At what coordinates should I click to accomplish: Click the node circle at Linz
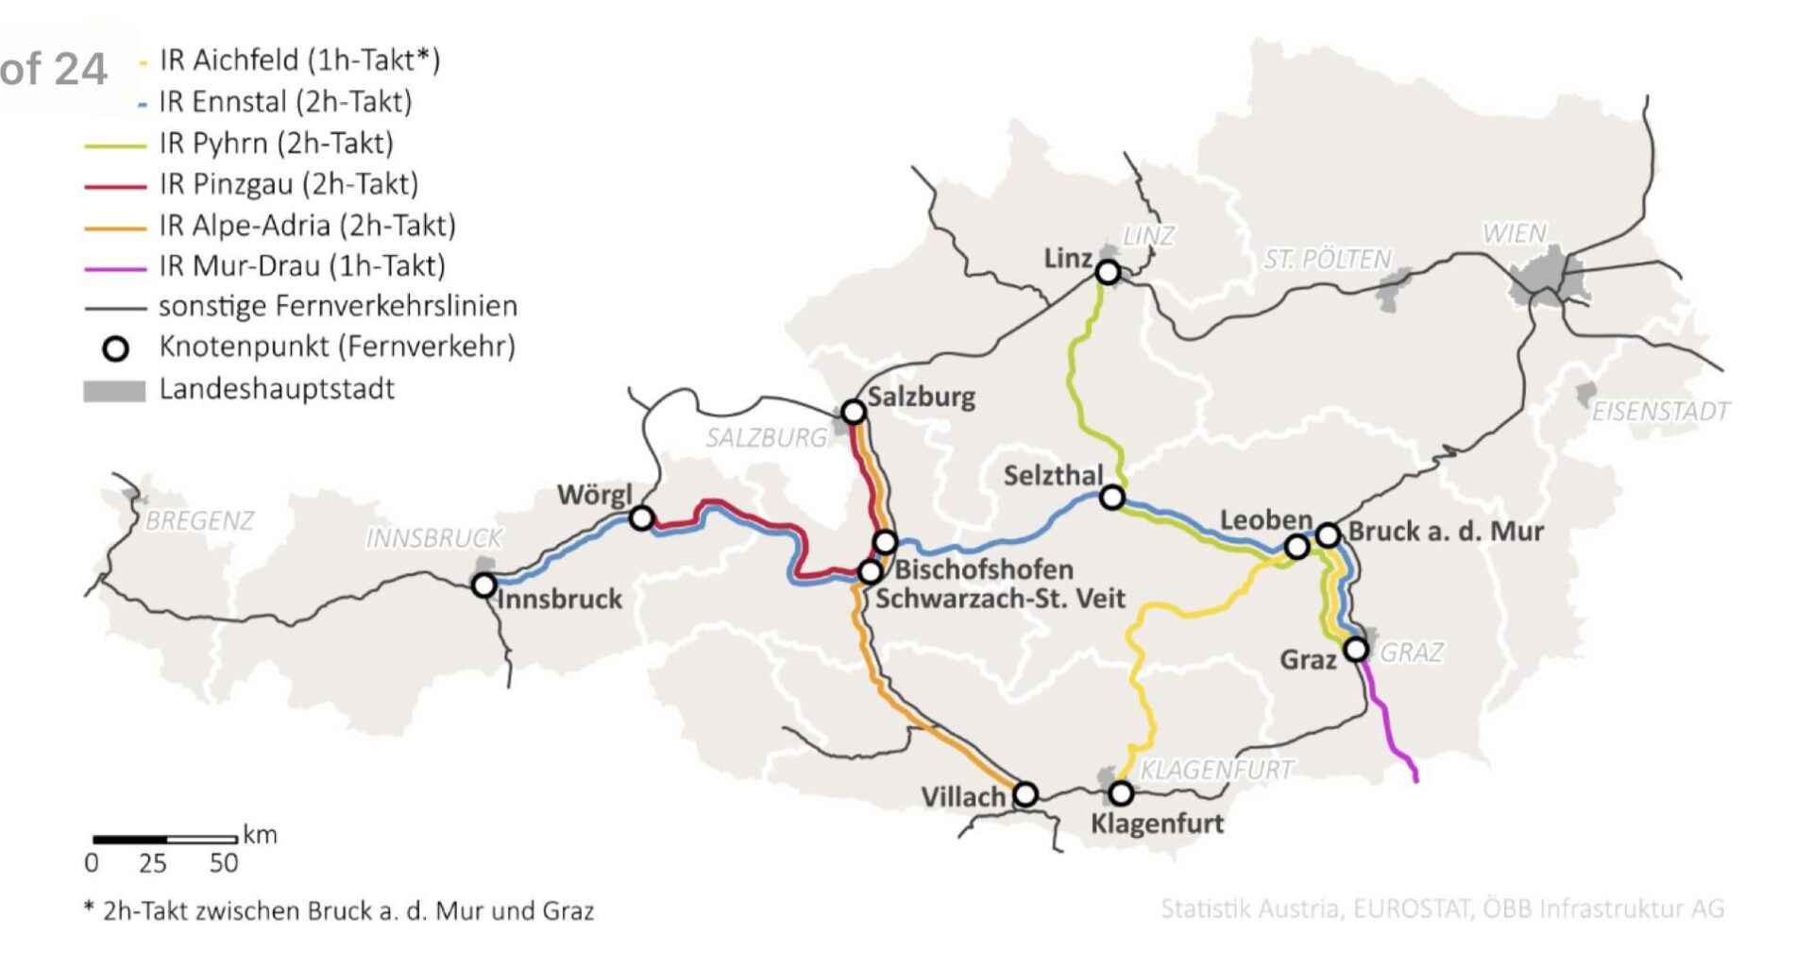tap(1108, 272)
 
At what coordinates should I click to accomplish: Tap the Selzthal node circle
tap(1113, 497)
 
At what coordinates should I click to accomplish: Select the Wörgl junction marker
tap(641, 517)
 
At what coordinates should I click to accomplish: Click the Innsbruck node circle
tap(483, 585)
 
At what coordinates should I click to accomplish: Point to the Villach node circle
tap(1025, 794)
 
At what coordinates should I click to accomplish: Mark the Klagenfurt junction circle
tap(1121, 792)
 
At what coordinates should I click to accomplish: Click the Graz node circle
tap(1356, 650)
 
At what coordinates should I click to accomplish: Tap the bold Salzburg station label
tap(922, 397)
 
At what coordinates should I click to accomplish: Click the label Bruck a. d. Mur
tap(1445, 532)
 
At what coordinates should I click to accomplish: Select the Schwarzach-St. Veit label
tap(1000, 599)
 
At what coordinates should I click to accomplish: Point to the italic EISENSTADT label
tap(1660, 412)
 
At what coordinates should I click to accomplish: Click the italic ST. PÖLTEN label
tap(1328, 259)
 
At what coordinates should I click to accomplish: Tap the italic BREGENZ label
tap(199, 521)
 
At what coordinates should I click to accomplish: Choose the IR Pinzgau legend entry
tap(288, 184)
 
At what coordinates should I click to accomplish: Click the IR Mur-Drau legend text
tap(301, 266)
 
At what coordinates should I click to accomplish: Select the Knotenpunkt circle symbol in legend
tap(115, 349)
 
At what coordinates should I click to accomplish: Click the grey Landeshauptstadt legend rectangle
tap(114, 391)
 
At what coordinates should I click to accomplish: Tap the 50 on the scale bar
tap(224, 863)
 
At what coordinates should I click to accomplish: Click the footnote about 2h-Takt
tap(339, 911)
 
